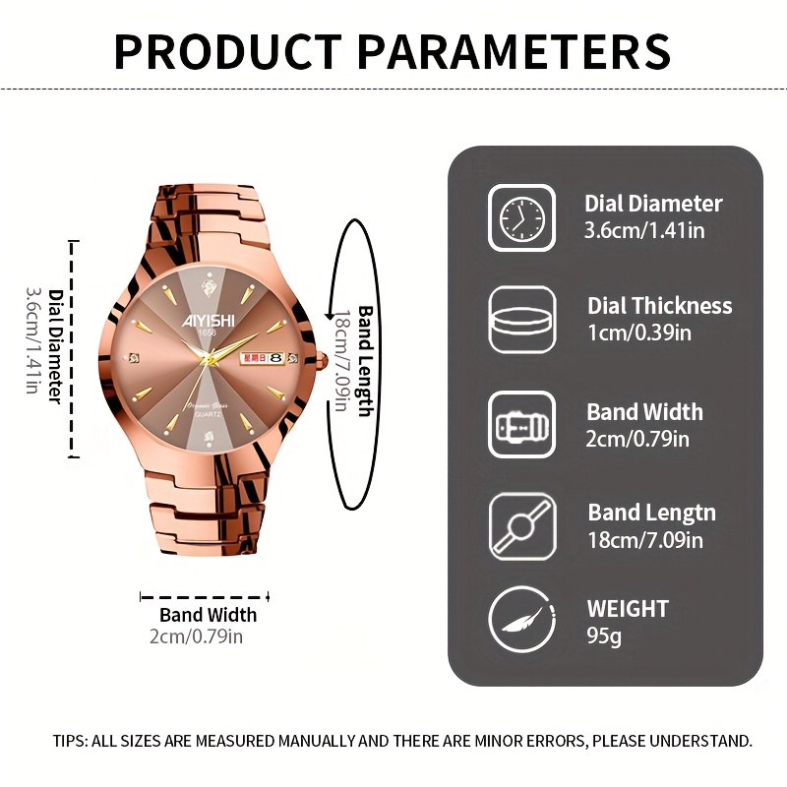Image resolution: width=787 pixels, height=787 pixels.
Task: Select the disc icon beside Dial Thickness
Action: (x=522, y=320)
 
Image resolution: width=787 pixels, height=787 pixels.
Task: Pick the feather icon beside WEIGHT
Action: (x=522, y=621)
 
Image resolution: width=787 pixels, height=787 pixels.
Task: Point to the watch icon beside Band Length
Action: (x=522, y=525)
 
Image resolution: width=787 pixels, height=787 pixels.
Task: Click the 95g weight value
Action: (x=604, y=636)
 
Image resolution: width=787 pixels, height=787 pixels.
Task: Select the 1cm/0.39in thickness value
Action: (x=639, y=333)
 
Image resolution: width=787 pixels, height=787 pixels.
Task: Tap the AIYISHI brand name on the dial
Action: (x=206, y=319)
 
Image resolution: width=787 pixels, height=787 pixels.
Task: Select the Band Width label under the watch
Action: (x=208, y=615)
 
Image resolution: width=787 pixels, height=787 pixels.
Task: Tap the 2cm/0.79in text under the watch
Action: (x=196, y=636)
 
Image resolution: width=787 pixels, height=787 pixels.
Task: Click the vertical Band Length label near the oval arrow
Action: (x=365, y=360)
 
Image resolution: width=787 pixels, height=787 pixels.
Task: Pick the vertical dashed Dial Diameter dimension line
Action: (x=73, y=348)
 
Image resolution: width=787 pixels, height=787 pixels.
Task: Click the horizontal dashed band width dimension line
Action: (x=205, y=595)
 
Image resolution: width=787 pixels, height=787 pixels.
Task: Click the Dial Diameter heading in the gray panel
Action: (x=653, y=204)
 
